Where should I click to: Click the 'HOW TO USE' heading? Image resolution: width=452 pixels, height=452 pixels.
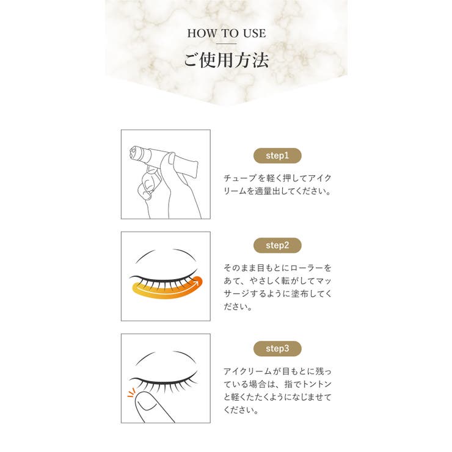(227, 34)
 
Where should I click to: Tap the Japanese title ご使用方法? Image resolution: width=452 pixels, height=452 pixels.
(227, 60)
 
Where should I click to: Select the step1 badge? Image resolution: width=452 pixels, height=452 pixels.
(277, 156)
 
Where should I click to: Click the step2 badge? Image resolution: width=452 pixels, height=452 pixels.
(277, 246)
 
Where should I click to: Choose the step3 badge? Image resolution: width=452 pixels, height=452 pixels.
(277, 349)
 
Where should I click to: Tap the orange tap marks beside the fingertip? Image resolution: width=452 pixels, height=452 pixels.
(131, 393)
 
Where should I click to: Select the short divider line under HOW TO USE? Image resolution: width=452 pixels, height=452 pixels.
(227, 44)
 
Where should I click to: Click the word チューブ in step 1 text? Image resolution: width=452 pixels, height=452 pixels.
(240, 178)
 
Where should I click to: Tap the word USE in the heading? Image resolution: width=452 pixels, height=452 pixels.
(254, 34)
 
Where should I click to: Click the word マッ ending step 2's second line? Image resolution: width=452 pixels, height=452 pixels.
(324, 281)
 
